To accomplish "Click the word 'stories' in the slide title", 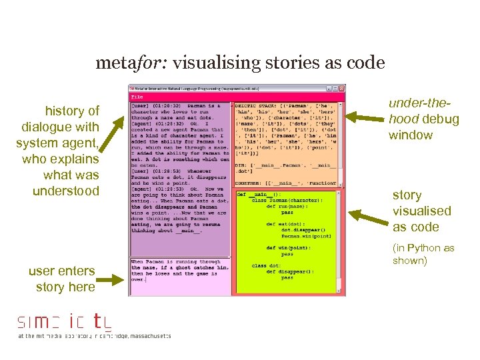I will (x=279, y=63).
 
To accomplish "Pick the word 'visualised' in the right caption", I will (x=422, y=211).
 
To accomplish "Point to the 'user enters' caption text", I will (x=62, y=271).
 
